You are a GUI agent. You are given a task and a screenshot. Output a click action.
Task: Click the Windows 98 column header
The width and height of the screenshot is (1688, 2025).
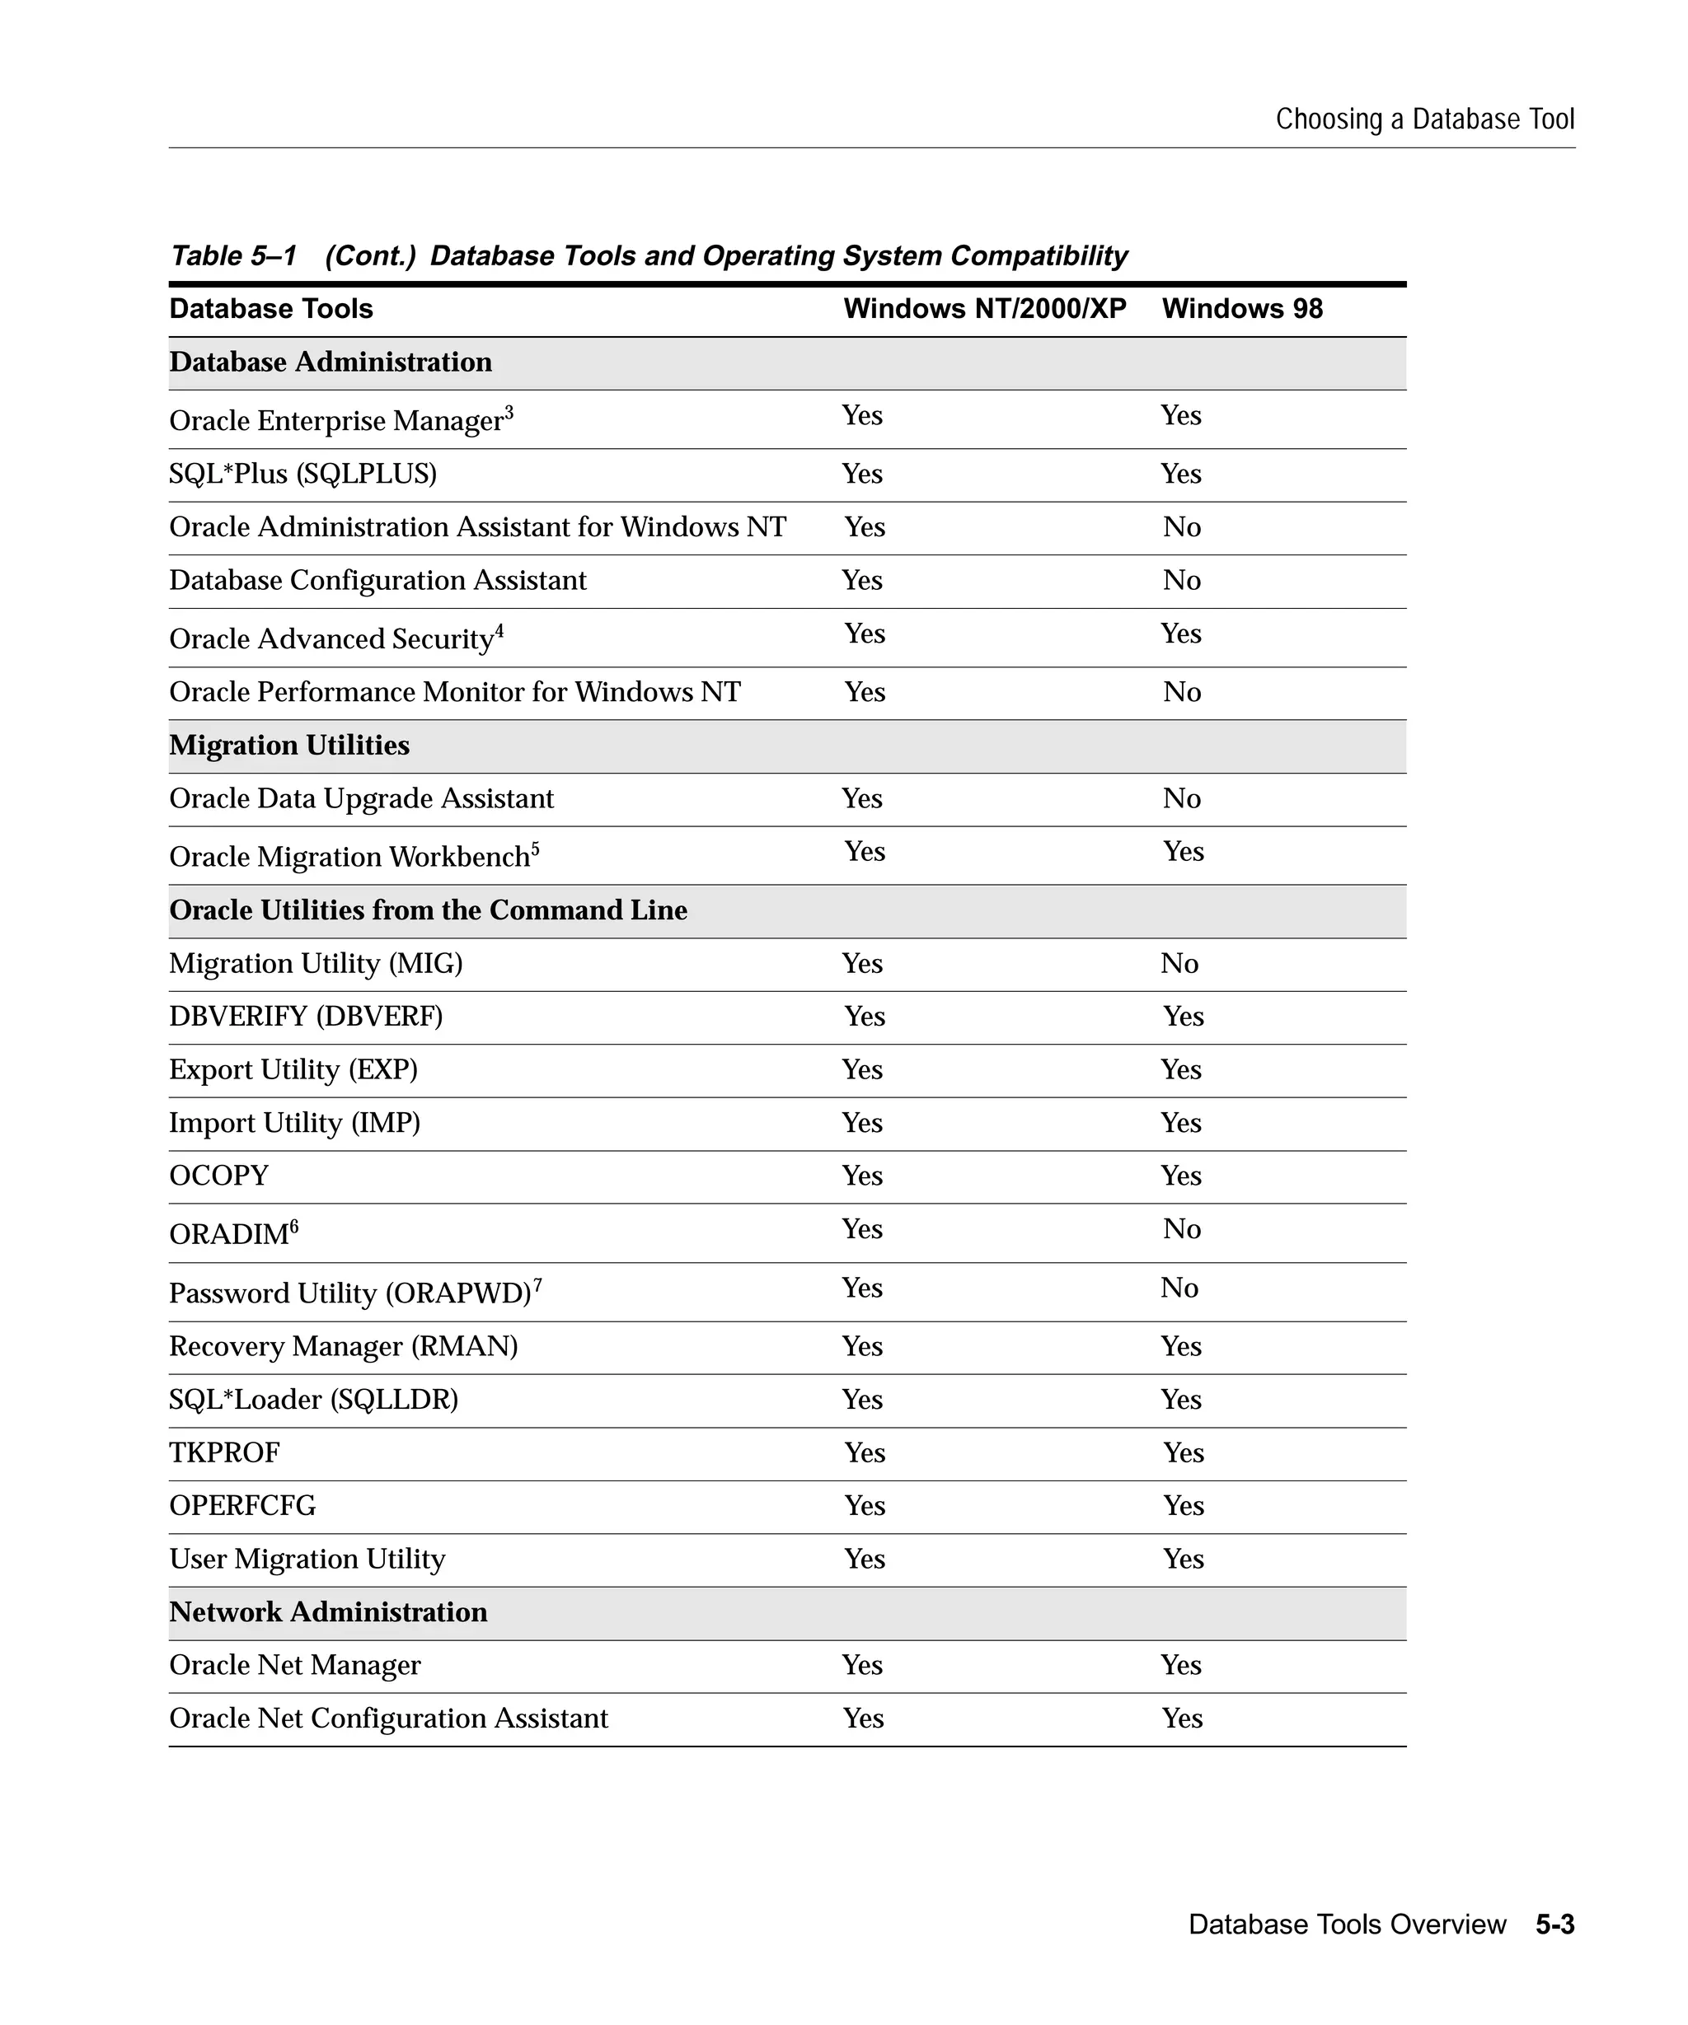1241,309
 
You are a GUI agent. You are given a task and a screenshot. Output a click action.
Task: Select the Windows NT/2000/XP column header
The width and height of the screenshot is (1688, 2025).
984,309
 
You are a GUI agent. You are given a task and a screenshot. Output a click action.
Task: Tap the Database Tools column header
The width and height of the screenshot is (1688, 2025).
271,309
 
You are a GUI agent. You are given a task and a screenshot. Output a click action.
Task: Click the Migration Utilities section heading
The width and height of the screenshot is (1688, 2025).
289,746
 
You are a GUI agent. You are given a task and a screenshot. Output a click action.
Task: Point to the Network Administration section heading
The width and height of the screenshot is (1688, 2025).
328,1612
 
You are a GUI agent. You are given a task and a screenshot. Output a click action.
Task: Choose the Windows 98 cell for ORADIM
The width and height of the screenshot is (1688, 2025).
1182,1229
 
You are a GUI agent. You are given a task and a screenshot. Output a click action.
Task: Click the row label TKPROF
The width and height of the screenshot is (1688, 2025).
224,1453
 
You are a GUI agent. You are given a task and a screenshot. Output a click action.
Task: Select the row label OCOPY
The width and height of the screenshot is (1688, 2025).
219,1176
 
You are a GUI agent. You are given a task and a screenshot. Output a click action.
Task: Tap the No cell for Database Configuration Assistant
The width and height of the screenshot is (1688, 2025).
1182,581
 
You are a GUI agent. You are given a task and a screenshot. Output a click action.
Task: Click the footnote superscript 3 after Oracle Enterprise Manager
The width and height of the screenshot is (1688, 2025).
509,413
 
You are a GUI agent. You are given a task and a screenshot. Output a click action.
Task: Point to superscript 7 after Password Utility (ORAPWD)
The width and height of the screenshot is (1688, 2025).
537,1284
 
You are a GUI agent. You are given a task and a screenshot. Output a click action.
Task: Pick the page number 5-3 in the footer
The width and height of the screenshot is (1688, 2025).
1555,1924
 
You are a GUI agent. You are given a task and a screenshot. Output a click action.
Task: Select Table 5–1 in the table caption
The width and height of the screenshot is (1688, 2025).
232,256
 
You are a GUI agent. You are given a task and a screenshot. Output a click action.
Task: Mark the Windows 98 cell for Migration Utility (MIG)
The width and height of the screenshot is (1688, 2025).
1179,963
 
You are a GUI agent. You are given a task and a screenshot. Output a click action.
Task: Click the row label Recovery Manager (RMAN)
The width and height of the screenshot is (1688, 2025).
344,1347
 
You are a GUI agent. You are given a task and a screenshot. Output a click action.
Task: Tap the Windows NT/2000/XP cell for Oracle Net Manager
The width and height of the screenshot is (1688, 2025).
861,1665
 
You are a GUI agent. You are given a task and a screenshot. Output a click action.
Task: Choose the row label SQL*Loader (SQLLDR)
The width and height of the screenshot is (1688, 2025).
313,1401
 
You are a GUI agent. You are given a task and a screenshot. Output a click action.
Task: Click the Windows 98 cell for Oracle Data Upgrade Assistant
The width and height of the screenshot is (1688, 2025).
1182,798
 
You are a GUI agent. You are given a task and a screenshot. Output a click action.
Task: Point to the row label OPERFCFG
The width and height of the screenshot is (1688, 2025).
242,1506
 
